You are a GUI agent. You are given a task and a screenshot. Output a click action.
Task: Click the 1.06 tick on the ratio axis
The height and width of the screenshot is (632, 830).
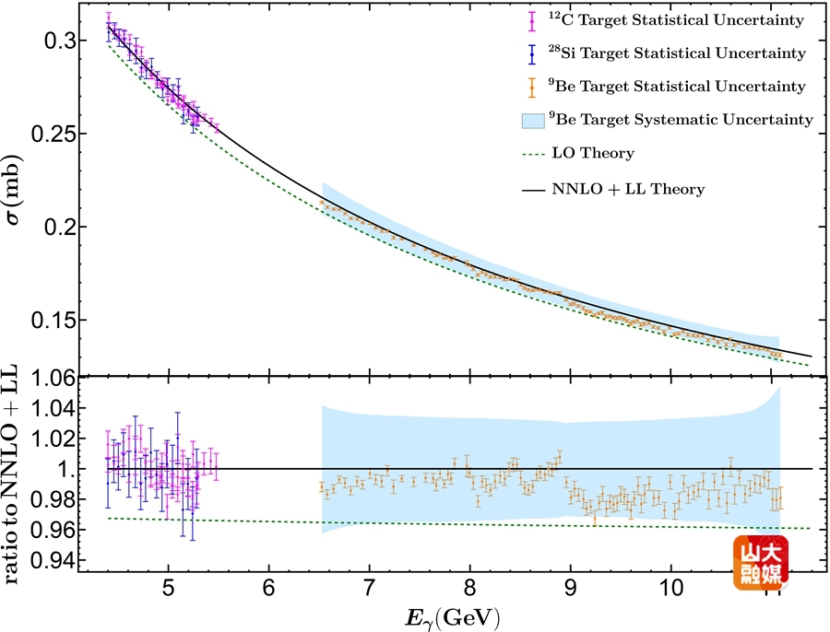coord(42,378)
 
